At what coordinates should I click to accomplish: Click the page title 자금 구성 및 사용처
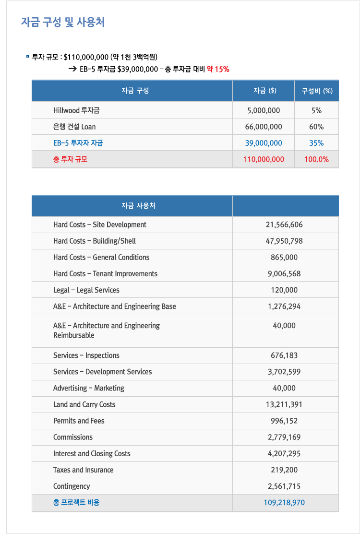(x=63, y=22)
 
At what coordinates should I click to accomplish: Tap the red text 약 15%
(x=218, y=69)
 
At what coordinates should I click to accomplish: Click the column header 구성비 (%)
(x=317, y=91)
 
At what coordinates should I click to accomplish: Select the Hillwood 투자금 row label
(x=76, y=110)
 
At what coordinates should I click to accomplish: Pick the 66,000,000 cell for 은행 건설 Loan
(x=264, y=127)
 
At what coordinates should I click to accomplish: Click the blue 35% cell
(x=316, y=143)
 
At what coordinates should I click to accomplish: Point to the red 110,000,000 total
(x=264, y=159)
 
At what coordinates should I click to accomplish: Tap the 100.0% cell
(x=316, y=159)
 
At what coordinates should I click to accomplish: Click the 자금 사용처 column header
(x=138, y=206)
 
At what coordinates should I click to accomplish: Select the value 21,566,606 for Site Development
(x=284, y=225)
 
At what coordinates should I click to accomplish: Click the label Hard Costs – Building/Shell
(x=94, y=241)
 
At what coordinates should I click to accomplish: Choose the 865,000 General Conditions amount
(x=284, y=257)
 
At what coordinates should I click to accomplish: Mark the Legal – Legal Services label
(x=86, y=290)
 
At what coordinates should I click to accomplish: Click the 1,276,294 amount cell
(x=284, y=307)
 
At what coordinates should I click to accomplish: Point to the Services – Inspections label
(x=86, y=355)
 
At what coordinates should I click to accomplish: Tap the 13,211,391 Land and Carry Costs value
(x=284, y=404)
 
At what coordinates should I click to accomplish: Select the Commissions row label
(x=73, y=437)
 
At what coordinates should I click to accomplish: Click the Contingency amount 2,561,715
(x=284, y=486)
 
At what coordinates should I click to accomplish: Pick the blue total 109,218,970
(x=284, y=503)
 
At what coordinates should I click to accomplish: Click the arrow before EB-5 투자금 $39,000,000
(x=72, y=69)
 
